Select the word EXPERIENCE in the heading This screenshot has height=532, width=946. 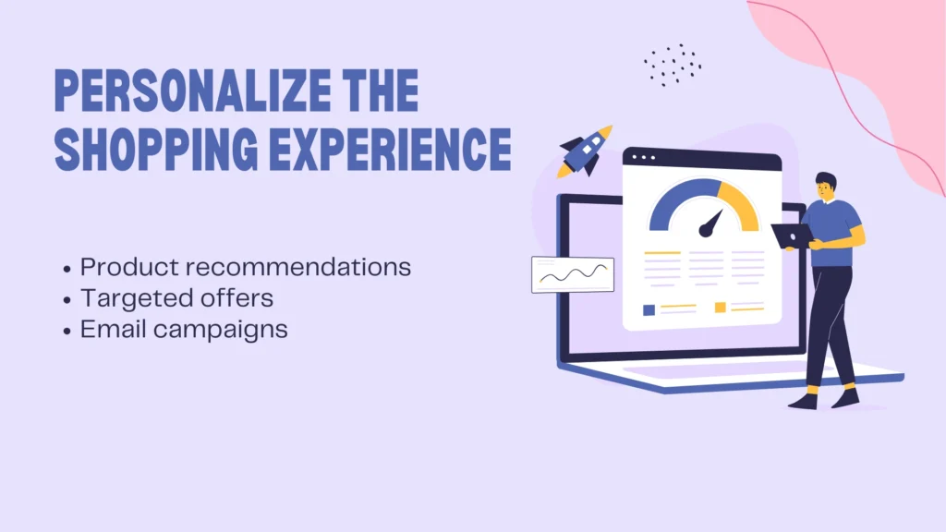click(391, 151)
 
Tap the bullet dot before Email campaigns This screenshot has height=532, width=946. click(67, 331)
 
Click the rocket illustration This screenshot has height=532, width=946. click(583, 151)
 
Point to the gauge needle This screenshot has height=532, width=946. click(711, 223)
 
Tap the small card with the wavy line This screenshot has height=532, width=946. click(573, 274)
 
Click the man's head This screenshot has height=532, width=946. click(825, 187)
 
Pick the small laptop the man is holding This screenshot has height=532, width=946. click(791, 236)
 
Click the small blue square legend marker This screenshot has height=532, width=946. click(649, 309)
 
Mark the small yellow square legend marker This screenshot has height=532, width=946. click(720, 308)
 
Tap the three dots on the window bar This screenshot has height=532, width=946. click(641, 158)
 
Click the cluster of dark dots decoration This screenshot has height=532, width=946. click(673, 64)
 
